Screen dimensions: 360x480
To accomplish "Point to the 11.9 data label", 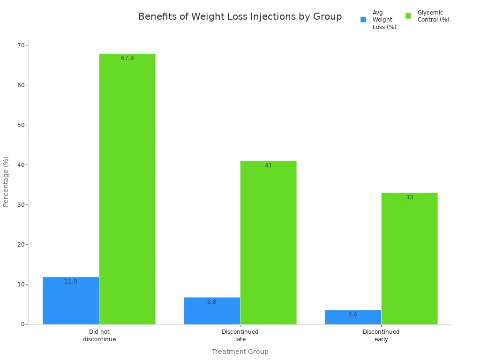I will pyautogui.click(x=71, y=282).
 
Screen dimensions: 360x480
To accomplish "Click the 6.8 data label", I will pyautogui.click(x=212, y=302).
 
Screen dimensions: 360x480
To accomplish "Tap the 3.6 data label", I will pyautogui.click(x=353, y=315).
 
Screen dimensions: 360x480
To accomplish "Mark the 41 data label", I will pyautogui.click(x=268, y=165).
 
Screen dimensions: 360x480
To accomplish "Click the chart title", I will pyautogui.click(x=240, y=17).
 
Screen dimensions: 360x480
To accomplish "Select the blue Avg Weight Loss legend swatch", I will pyautogui.click(x=363, y=20).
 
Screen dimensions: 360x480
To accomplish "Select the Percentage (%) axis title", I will pyautogui.click(x=6, y=181).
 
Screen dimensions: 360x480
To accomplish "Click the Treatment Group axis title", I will pyautogui.click(x=240, y=352).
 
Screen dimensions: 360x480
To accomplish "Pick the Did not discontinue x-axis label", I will pyautogui.click(x=99, y=336).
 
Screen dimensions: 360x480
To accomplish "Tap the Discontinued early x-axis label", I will pyautogui.click(x=381, y=336).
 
